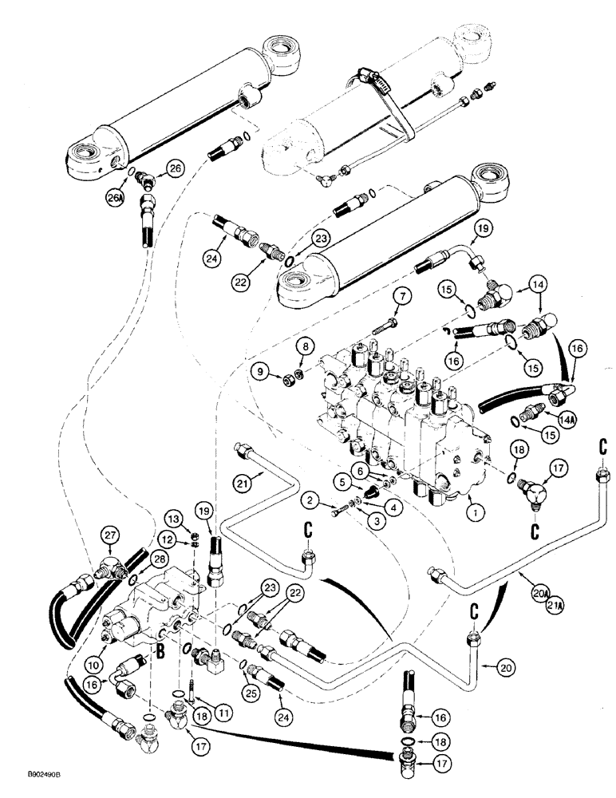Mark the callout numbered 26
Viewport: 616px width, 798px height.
[176, 167]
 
